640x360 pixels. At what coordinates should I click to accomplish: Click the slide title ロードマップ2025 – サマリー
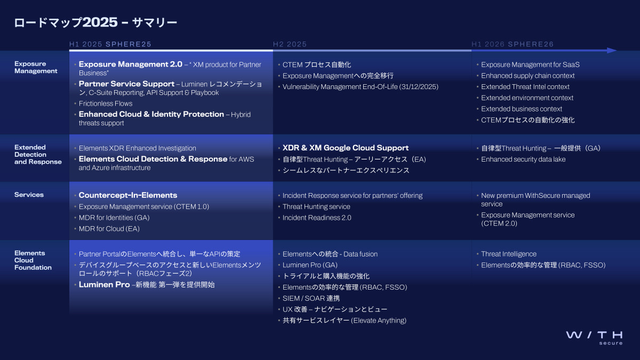coord(95,22)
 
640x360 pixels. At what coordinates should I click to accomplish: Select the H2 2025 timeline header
coord(290,44)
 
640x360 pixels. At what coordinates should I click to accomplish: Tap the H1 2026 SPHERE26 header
coord(513,44)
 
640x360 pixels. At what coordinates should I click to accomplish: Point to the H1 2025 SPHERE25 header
coord(110,44)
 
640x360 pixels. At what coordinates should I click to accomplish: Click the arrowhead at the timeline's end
coord(612,51)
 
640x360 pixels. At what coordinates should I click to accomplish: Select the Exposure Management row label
coord(36,67)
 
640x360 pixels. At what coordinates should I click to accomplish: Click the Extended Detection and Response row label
coord(38,155)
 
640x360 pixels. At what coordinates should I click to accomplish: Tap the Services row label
coord(29,195)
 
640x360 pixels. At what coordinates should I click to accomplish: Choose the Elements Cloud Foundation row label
coord(33,260)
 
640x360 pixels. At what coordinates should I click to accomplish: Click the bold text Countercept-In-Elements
coord(128,195)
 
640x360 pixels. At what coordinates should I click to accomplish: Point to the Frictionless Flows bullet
coord(106,103)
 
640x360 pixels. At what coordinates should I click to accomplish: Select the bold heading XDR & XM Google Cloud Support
coord(346,148)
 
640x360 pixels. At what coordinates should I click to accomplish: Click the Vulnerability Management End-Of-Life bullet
coord(361,87)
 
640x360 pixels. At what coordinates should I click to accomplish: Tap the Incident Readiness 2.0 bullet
coord(317,218)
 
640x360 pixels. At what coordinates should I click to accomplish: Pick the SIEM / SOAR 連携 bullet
coord(311,298)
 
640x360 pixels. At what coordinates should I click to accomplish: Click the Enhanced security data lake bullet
coord(523,159)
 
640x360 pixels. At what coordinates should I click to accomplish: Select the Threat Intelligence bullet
coord(509,254)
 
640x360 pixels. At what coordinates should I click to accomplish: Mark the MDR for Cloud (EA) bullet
coord(109,229)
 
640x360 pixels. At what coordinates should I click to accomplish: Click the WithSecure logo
coord(594,338)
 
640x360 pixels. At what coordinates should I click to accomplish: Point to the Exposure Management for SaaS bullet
coord(530,65)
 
